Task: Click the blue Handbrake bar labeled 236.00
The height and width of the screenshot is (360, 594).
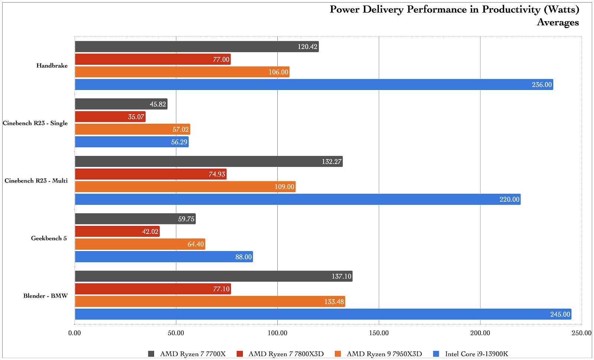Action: point(314,84)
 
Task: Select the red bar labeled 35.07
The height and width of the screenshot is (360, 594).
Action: point(110,117)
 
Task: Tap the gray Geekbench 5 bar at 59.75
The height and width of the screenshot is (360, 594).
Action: point(135,219)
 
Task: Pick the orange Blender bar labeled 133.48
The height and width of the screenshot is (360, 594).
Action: point(210,302)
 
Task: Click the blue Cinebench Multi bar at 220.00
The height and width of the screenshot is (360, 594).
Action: point(297,200)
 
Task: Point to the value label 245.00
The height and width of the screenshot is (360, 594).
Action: point(560,314)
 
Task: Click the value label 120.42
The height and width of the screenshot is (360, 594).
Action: point(307,46)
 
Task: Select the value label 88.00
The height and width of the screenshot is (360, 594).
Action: point(244,257)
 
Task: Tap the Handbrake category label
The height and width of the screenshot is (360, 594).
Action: point(52,66)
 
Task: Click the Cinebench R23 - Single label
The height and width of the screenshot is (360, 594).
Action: point(35,123)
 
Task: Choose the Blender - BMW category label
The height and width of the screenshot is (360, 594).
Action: point(45,296)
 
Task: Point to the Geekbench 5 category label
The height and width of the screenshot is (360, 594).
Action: point(49,238)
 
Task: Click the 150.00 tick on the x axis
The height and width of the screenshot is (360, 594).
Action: point(379,333)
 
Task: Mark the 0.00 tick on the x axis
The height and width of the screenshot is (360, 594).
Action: point(75,333)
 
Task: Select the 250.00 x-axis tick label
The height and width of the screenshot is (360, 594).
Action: point(581,333)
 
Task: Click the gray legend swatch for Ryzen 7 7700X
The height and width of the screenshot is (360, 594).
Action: point(151,354)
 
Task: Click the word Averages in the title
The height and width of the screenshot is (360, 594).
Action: point(558,22)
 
